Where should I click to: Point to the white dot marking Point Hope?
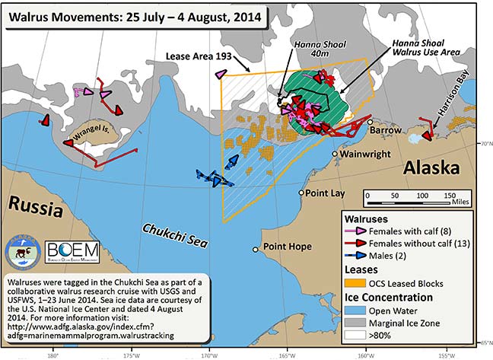pos(256,249)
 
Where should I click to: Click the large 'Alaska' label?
pos(431,168)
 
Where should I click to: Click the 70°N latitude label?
pos(482,142)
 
